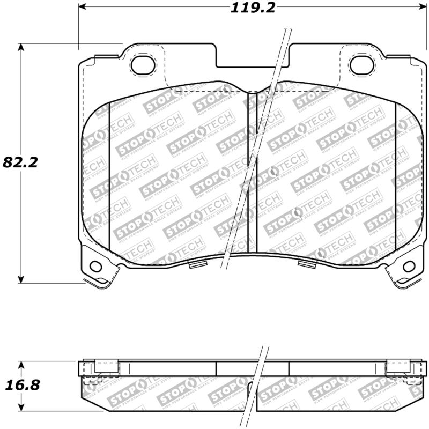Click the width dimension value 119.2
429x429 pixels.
point(250,8)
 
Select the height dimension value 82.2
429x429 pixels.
point(20,162)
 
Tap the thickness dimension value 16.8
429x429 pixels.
point(20,385)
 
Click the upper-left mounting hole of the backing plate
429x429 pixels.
point(142,65)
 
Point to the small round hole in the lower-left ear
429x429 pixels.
point(96,265)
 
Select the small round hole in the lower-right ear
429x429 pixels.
point(409,265)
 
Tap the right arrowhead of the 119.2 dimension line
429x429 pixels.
point(419,8)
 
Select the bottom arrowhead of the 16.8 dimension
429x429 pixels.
point(21,408)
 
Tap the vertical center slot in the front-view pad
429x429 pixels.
point(252,172)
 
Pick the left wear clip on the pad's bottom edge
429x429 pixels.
point(198,264)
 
